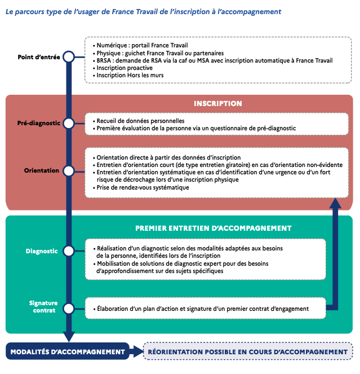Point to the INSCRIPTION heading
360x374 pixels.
point(218,104)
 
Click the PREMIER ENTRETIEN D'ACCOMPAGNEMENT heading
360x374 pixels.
point(213,228)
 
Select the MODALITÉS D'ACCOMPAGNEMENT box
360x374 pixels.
point(68,351)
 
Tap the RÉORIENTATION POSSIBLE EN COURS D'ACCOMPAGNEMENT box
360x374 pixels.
point(248,351)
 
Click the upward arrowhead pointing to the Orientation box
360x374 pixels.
point(335,204)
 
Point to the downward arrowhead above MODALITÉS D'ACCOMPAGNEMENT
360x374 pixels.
point(69,337)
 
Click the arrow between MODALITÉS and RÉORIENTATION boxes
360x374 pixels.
point(136,351)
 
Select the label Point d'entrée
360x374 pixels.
point(39,57)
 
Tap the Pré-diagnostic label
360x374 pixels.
point(39,123)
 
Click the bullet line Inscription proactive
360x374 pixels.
point(123,68)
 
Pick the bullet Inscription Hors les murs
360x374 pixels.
point(128,76)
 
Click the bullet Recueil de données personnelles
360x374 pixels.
point(139,121)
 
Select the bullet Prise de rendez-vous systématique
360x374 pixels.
point(141,187)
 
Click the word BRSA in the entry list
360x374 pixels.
point(104,60)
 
